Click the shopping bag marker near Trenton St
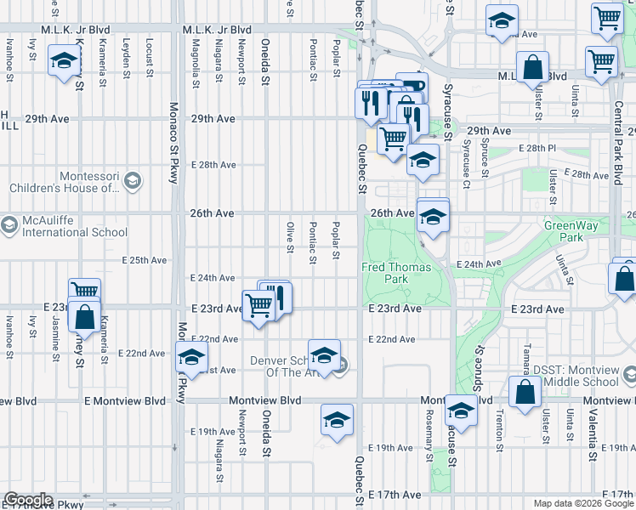tap(525, 392)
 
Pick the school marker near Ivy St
tap(64, 62)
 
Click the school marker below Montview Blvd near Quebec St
tap(337, 420)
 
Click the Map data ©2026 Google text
tap(583, 503)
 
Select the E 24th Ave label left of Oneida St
tap(213, 278)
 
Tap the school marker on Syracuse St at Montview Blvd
tap(460, 411)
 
